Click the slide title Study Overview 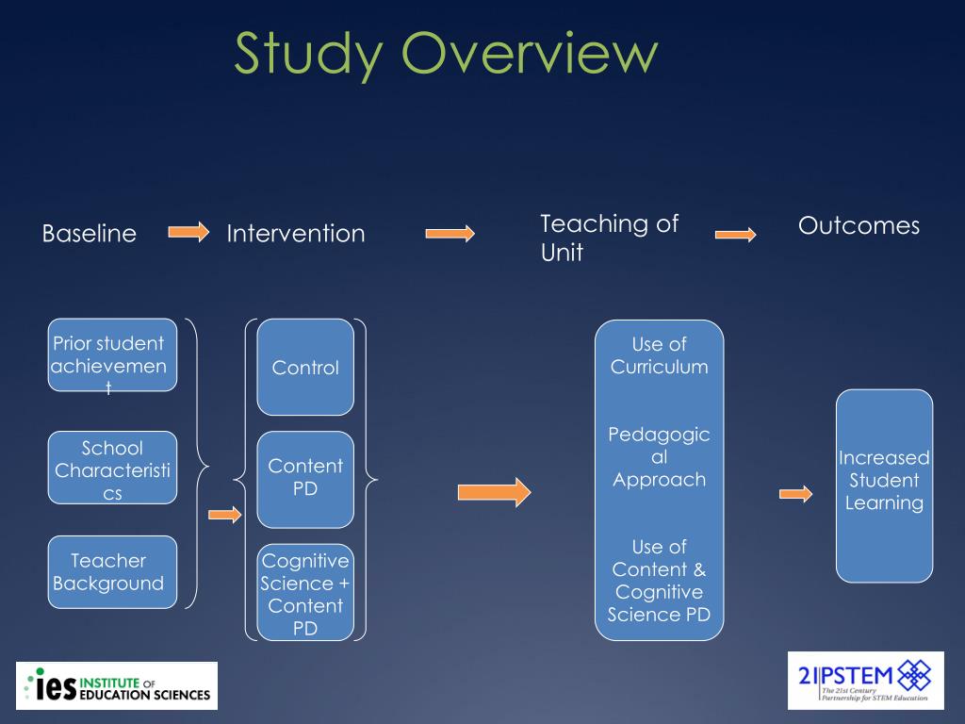coord(445,53)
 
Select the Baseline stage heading coord(90,234)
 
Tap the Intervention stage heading coord(295,234)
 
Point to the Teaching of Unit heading coord(609,238)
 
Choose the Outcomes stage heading coord(859,225)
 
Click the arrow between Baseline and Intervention coord(188,232)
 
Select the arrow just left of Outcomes coord(735,234)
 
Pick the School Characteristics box coord(112,468)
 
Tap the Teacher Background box coord(112,571)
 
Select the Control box coord(305,368)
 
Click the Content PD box coord(305,478)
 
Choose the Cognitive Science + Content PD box coord(305,593)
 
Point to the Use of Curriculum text coord(659,355)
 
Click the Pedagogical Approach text coord(659,457)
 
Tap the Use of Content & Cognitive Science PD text coord(659,581)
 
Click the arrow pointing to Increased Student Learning coord(795,493)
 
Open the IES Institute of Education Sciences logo coord(117,685)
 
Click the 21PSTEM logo coord(865,680)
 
